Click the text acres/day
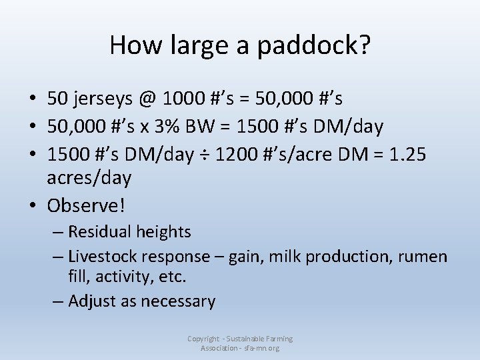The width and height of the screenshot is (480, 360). [89, 179]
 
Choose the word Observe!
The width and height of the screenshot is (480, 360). [86, 205]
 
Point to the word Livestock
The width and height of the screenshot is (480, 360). [105, 256]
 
